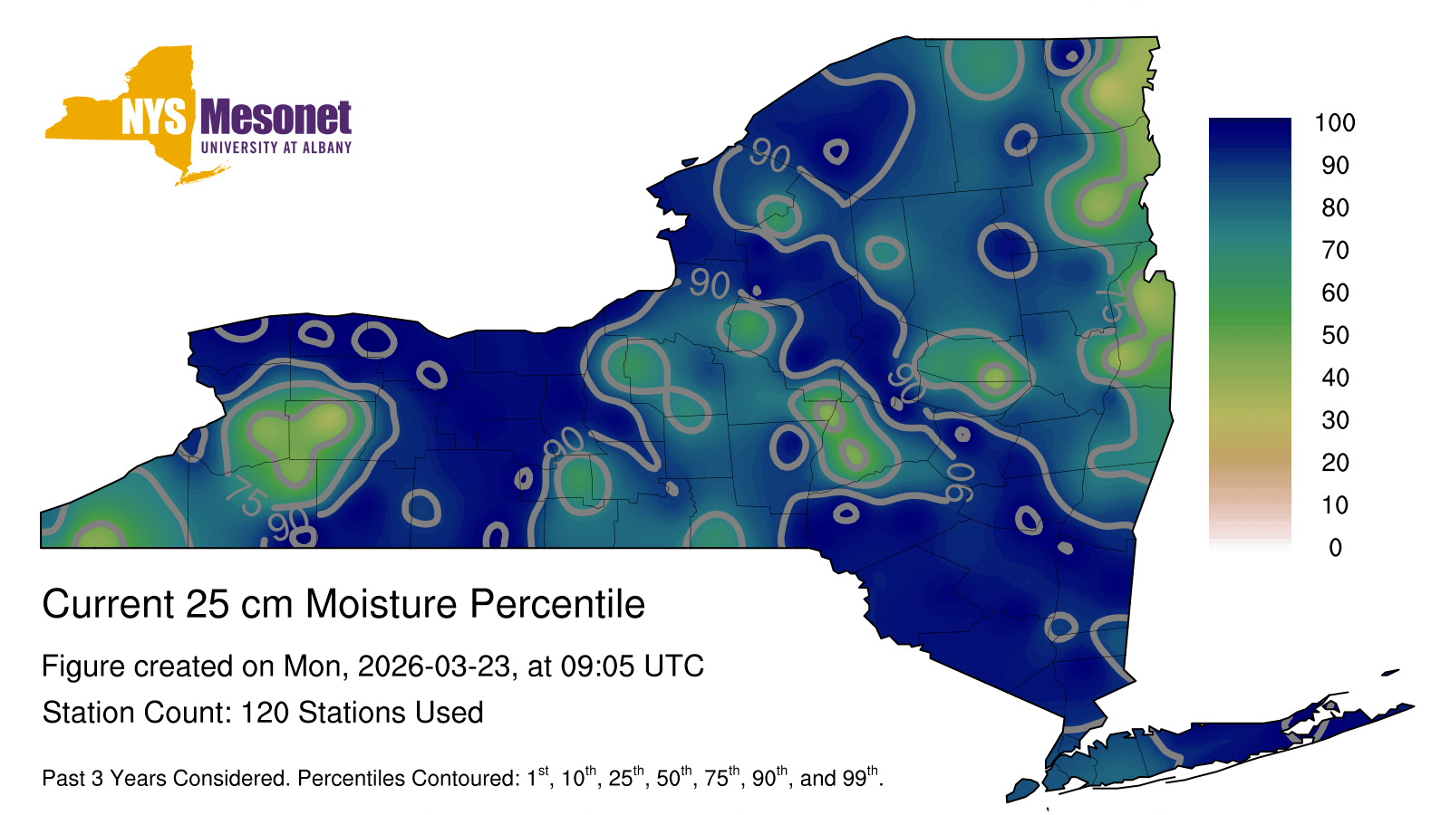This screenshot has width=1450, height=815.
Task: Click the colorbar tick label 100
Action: [1335, 123]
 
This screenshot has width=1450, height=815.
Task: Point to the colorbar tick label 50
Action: [1335, 335]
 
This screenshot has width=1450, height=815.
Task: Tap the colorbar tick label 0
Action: [1336, 548]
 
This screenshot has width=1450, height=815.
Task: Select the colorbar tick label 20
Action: [1335, 463]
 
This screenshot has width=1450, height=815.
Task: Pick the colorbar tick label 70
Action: [1335, 250]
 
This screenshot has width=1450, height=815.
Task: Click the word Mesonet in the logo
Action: [276, 118]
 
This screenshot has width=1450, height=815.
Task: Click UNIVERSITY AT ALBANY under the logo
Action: [276, 148]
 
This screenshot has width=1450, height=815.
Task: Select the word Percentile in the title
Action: [557, 604]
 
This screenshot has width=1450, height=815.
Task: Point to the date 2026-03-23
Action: [434, 666]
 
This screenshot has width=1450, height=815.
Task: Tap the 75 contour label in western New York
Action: [246, 496]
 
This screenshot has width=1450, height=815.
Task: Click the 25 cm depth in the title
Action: [237, 604]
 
